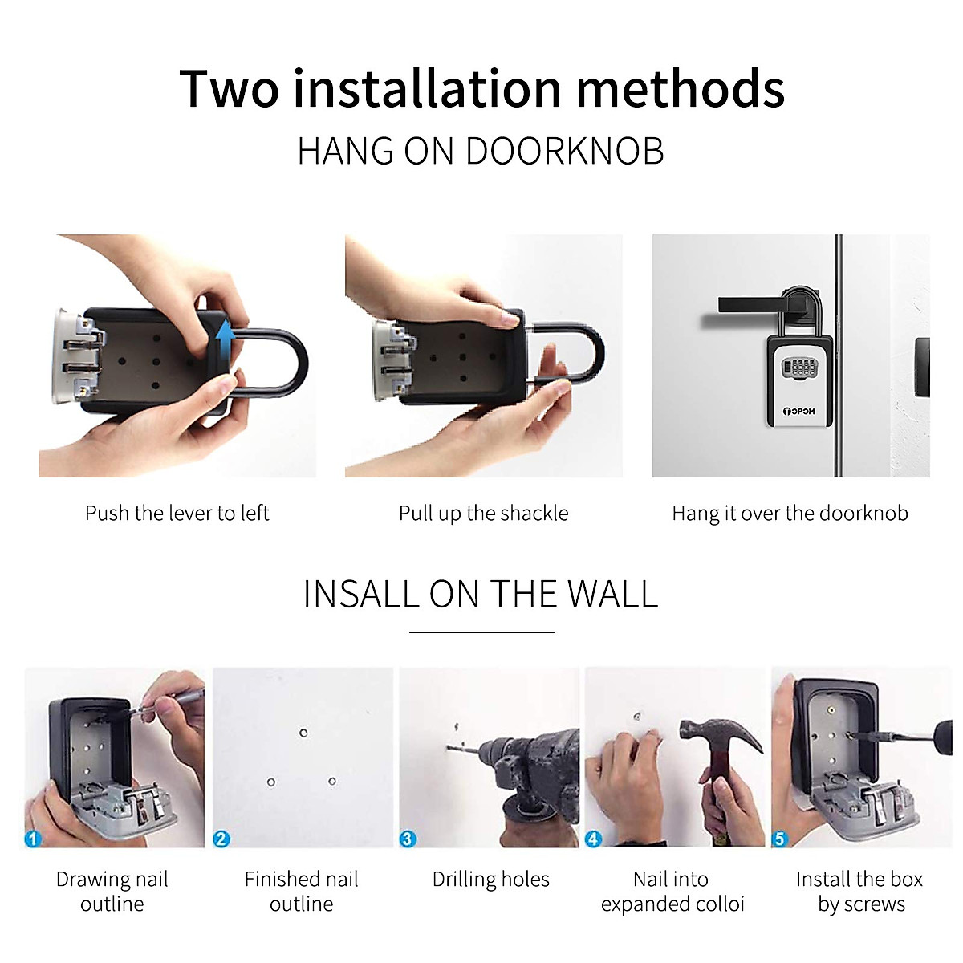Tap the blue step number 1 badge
33,839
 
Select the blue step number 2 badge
221,839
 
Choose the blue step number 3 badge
408,839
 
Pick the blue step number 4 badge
593,839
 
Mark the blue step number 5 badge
779,839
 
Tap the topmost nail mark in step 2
303,733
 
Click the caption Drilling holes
490,880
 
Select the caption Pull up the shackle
483,514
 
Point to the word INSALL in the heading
360,595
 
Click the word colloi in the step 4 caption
720,904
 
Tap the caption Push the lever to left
177,514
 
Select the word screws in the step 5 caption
874,904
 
